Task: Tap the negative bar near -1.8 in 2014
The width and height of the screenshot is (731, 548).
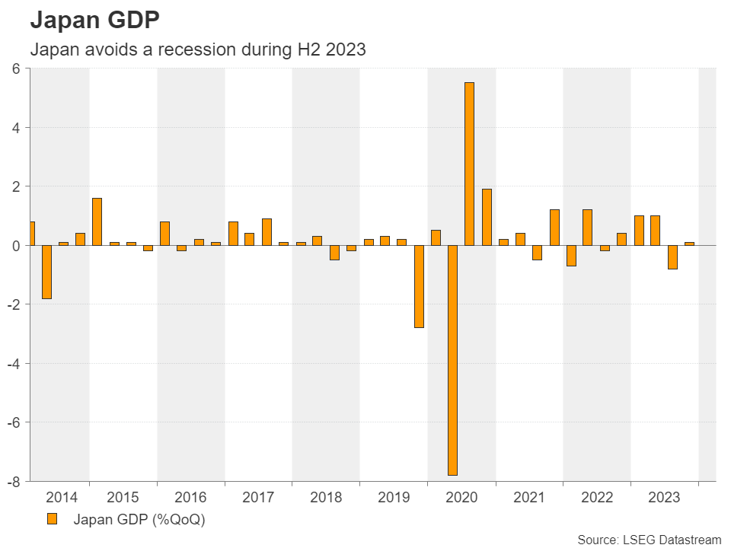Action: pos(46,272)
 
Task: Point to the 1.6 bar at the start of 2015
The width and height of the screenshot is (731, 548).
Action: pos(97,221)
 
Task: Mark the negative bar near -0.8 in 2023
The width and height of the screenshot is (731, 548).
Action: pos(672,257)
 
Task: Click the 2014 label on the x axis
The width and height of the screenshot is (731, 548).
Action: pos(62,498)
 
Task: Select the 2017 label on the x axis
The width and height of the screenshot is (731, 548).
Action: pos(258,498)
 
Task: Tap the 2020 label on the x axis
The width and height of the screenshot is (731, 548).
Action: pos(461,498)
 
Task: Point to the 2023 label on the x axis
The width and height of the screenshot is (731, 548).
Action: pos(664,498)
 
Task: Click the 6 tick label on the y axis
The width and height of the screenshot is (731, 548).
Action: pos(15,68)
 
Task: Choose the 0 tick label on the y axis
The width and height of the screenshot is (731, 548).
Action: pos(15,245)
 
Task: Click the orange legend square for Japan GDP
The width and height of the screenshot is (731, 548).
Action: pos(52,519)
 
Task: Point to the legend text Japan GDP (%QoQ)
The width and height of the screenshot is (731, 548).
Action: pos(139,520)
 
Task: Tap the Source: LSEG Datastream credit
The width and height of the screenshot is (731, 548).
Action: pos(649,539)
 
